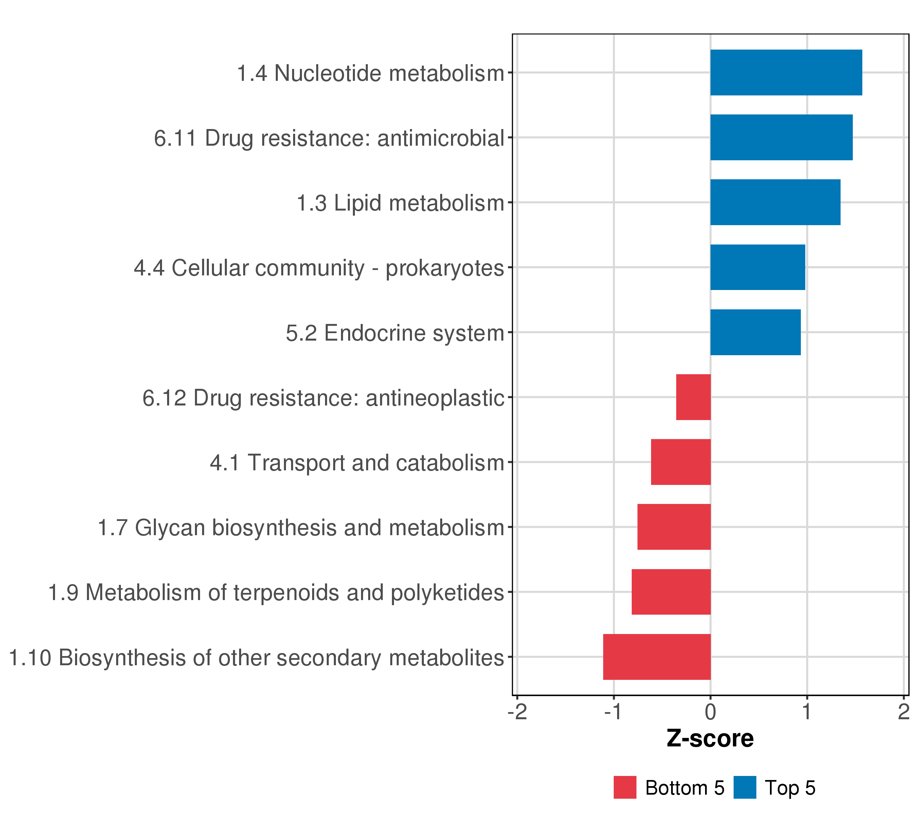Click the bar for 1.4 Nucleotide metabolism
(x=786, y=73)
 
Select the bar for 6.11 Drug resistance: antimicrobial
(x=781, y=137)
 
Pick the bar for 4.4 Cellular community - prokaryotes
(x=757, y=267)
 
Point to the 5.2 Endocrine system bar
(x=755, y=332)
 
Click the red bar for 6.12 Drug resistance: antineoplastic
(x=693, y=397)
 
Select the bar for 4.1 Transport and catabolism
(x=681, y=462)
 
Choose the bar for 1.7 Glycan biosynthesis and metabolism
(x=674, y=527)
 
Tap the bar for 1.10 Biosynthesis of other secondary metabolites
(x=657, y=657)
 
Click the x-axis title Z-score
(x=710, y=739)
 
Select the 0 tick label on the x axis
(x=710, y=712)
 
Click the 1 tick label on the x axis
(x=807, y=712)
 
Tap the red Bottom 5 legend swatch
(x=625, y=787)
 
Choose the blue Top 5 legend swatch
(x=745, y=787)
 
